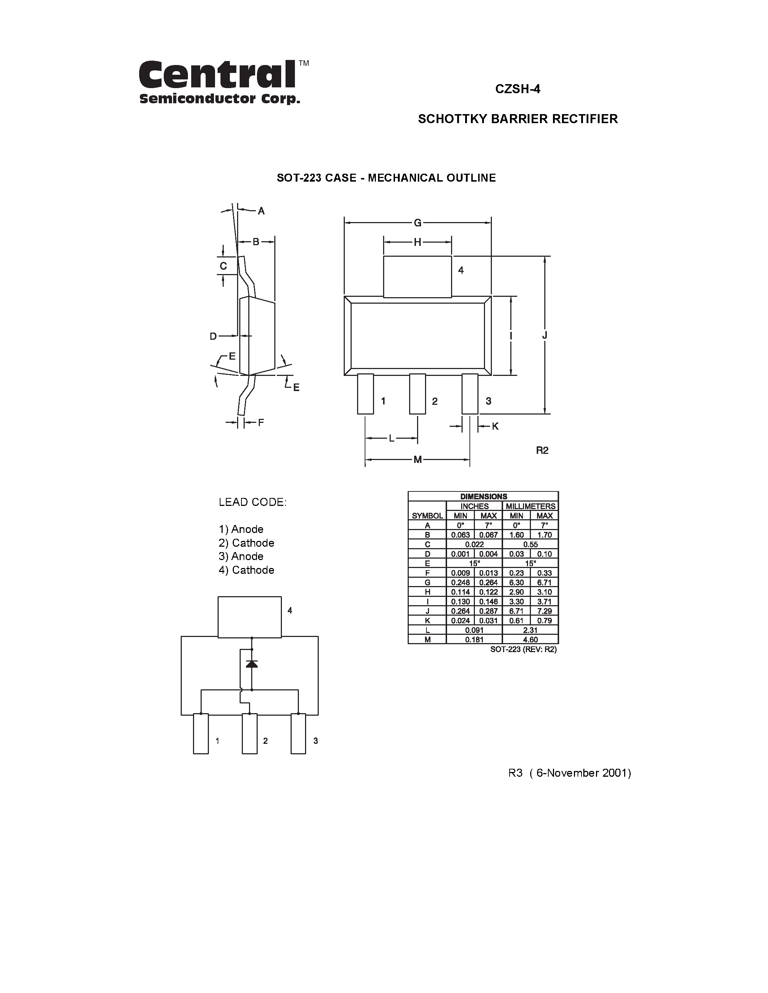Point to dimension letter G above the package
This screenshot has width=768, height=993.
[417, 223]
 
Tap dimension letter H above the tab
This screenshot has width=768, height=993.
[417, 242]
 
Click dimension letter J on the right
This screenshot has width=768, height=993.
[545, 335]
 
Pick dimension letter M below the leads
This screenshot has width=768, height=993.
[417, 460]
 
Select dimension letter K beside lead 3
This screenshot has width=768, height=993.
[495, 426]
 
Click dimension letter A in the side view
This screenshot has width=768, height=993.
[261, 211]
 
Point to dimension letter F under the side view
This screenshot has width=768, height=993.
[261, 423]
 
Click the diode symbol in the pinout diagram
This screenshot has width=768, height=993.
[252, 664]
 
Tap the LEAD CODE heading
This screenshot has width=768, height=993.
[253, 502]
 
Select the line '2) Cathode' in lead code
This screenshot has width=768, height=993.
[246, 543]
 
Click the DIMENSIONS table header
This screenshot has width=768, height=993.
[483, 496]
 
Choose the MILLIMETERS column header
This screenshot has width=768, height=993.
[531, 506]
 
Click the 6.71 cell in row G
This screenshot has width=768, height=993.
[544, 582]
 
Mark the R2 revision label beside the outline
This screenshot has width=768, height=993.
[542, 450]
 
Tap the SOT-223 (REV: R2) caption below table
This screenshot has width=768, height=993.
[523, 649]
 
